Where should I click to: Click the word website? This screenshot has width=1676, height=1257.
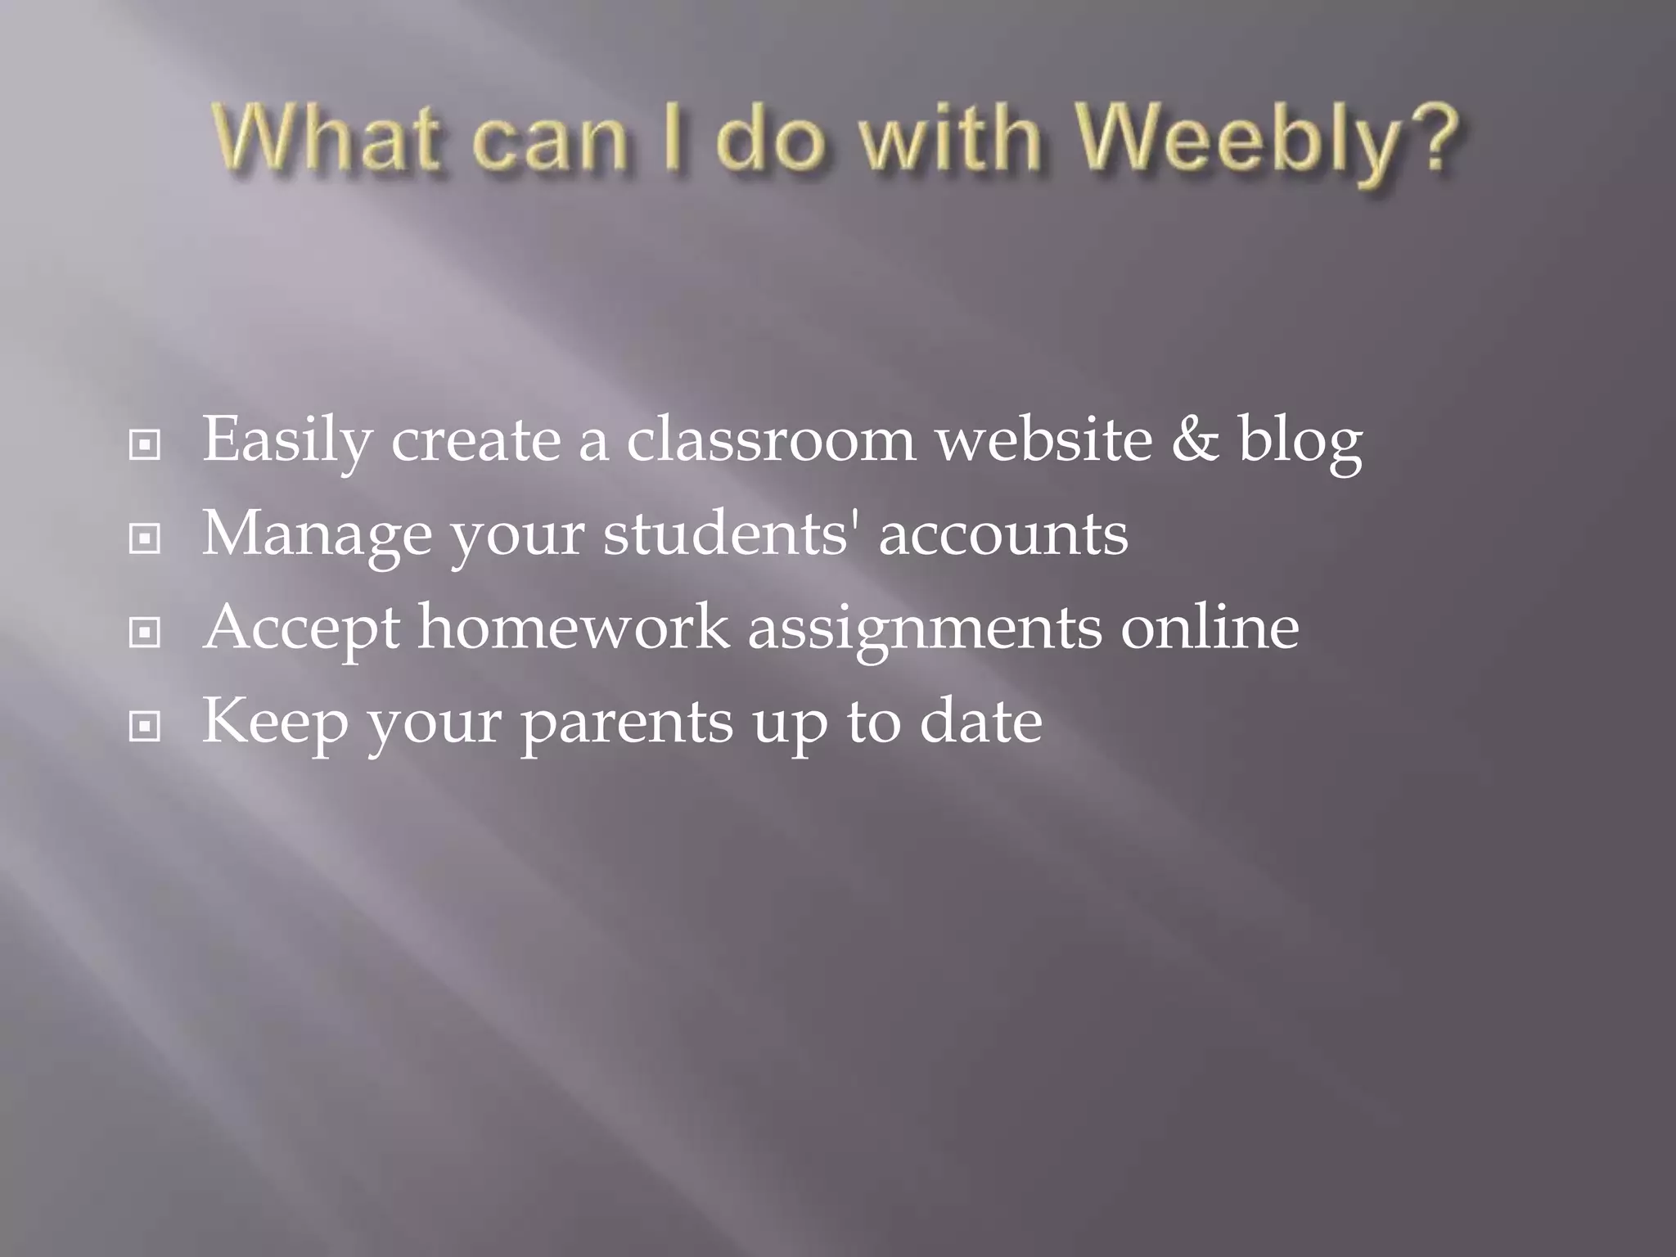click(x=1043, y=439)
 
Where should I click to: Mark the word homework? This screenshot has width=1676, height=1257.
click(x=573, y=627)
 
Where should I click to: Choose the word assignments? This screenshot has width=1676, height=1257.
click(x=925, y=630)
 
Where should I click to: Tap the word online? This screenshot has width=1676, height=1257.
click(x=1210, y=627)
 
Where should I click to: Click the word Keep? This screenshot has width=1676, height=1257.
click(x=275, y=723)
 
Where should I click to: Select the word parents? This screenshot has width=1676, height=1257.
click(x=627, y=724)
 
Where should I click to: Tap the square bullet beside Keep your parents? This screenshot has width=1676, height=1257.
click(x=145, y=726)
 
